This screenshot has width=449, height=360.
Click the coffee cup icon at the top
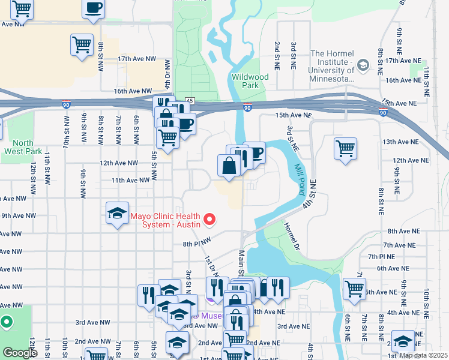pyautogui.click(x=94, y=8)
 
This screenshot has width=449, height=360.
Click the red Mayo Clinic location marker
pyautogui.click(x=209, y=220)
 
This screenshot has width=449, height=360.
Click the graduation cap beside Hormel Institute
pyautogui.click(x=363, y=64)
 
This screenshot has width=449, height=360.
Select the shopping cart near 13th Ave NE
pyautogui.click(x=345, y=148)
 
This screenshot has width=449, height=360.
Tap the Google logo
pyautogui.click(x=20, y=353)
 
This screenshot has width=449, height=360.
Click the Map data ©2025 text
pyautogui.click(x=423, y=355)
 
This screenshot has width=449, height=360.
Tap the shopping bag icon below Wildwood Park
pyautogui.click(x=230, y=166)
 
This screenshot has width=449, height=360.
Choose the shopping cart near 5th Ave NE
pyautogui.click(x=354, y=289)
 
